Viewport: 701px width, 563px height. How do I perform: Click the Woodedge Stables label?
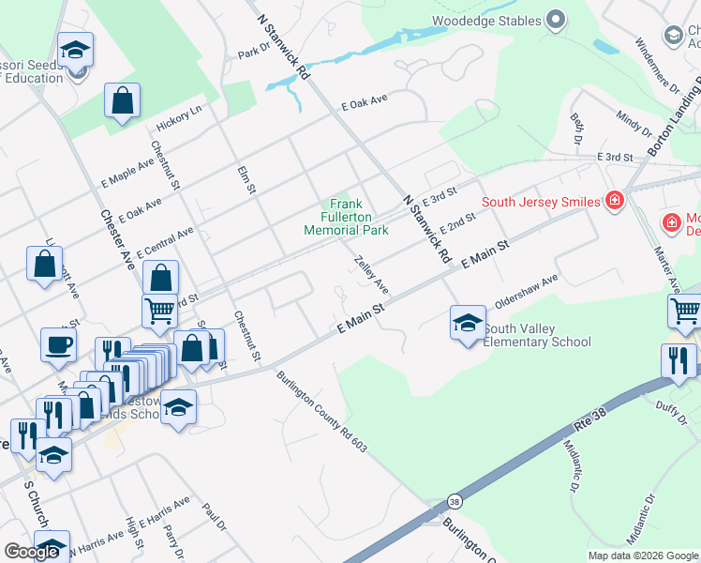click(486, 21)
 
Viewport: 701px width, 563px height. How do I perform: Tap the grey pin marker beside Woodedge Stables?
click(556, 20)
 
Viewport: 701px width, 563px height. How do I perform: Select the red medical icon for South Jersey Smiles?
click(614, 200)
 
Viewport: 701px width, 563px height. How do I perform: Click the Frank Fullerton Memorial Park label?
click(346, 217)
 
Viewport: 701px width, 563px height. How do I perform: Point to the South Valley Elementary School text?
click(537, 335)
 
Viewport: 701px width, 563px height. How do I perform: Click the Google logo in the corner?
click(31, 552)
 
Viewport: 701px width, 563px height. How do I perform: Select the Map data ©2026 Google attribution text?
click(643, 555)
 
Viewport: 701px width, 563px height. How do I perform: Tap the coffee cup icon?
click(58, 344)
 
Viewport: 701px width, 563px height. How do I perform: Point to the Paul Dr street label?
click(215, 517)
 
